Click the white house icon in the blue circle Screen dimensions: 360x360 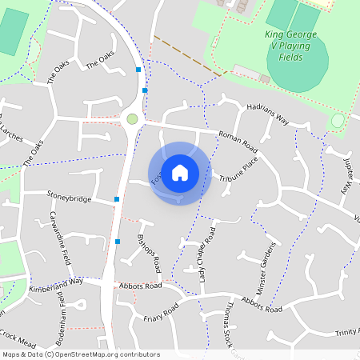180,172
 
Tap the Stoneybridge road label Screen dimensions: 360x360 69,198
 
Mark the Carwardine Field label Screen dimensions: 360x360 59,241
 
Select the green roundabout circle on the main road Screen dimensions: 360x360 132,119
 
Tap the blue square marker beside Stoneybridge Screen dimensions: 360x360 118,198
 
